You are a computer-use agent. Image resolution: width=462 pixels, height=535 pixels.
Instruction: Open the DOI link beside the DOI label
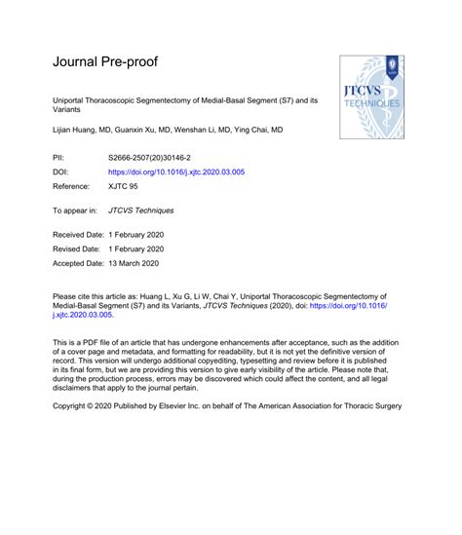point(175,171)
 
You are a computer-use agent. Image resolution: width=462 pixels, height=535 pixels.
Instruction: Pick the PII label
point(58,156)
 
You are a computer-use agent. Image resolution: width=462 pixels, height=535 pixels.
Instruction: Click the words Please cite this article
point(94,293)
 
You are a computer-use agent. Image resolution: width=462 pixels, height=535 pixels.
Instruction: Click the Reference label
point(70,185)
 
